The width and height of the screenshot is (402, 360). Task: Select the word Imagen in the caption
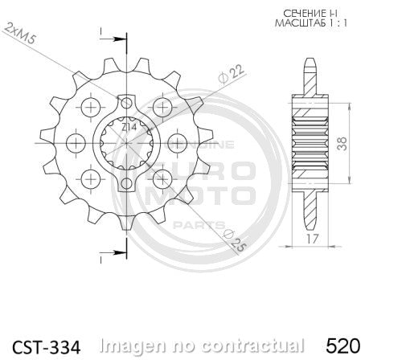coord(132,346)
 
